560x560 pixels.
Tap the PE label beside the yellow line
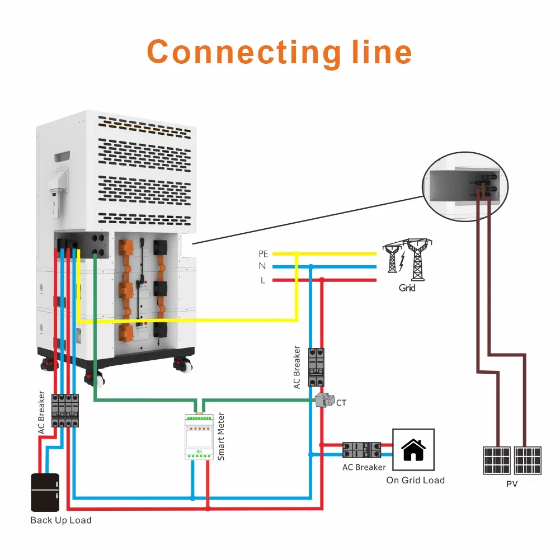pyautogui.click(x=263, y=254)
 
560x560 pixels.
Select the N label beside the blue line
pyautogui.click(x=262, y=267)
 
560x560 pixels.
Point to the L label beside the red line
pyautogui.click(x=263, y=280)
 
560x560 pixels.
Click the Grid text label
pyautogui.click(x=407, y=288)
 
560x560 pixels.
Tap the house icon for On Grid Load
pyautogui.click(x=413, y=450)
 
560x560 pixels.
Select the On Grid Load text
pyautogui.click(x=415, y=480)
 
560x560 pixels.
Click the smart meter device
pyautogui.click(x=199, y=436)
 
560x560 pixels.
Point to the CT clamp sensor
pyautogui.click(x=323, y=400)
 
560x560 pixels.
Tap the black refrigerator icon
pyautogui.click(x=45, y=492)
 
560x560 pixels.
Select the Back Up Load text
pyautogui.click(x=60, y=520)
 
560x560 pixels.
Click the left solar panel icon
pyautogui.click(x=496, y=460)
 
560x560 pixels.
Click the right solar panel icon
pyautogui.click(x=527, y=460)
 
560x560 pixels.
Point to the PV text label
pyautogui.click(x=511, y=484)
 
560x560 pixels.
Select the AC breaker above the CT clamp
pyautogui.click(x=317, y=366)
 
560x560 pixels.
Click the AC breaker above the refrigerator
pyautogui.click(x=65, y=411)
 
